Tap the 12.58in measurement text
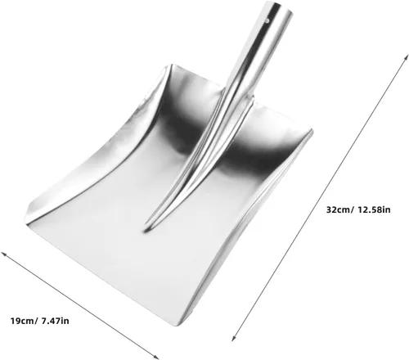tap(374, 209)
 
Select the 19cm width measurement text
tap(23, 321)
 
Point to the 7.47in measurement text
tap(55, 321)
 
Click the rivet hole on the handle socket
tap(267, 20)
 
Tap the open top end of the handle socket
tap(279, 7)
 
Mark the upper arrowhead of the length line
tap(407, 56)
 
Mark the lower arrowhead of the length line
tap(233, 339)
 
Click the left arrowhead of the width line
tap(2, 254)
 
